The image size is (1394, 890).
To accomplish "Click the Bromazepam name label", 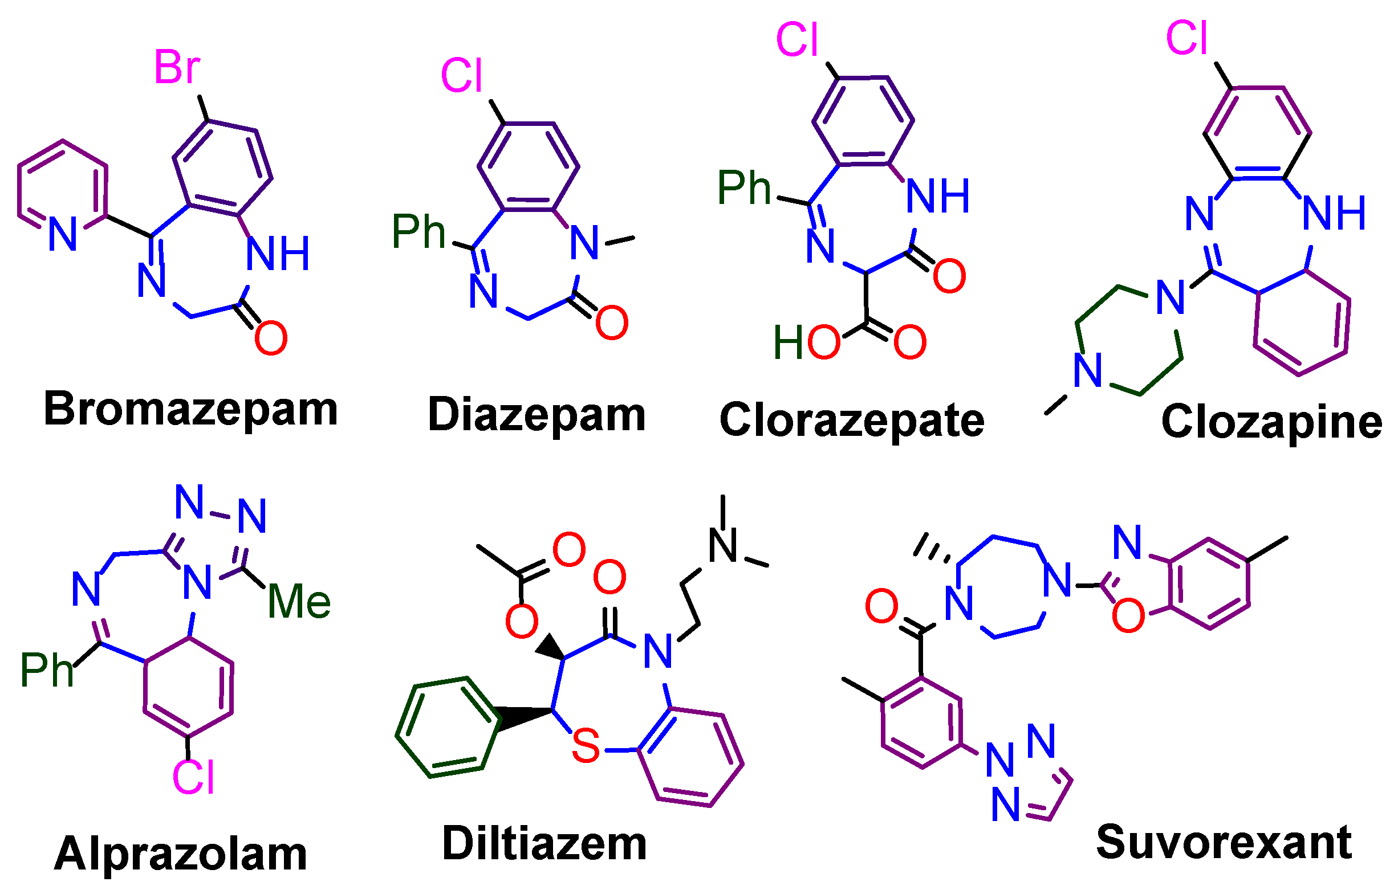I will [190, 410].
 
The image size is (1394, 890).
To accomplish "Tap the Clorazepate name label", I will [852, 420].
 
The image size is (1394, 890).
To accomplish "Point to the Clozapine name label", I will [1271, 422].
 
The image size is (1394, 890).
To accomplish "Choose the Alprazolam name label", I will [180, 854].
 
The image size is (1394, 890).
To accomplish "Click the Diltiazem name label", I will [544, 844].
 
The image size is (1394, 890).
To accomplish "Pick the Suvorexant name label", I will [1224, 843].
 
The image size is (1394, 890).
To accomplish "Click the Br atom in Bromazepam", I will [177, 68].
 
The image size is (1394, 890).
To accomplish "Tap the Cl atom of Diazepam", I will [461, 76].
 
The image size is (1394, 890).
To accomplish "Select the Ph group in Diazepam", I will [418, 232].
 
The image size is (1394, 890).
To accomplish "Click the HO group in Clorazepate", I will [806, 342].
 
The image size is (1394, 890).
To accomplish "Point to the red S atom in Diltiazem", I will [586, 746].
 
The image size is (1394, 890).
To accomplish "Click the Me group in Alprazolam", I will [299, 602].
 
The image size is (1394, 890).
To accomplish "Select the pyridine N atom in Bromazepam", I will [63, 234].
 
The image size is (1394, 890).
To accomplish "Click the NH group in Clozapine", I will [1334, 213].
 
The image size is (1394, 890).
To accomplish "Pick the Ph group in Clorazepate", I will [744, 188].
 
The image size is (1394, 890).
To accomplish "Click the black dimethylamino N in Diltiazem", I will [723, 545].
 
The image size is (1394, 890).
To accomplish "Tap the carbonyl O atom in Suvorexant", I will [881, 606].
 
